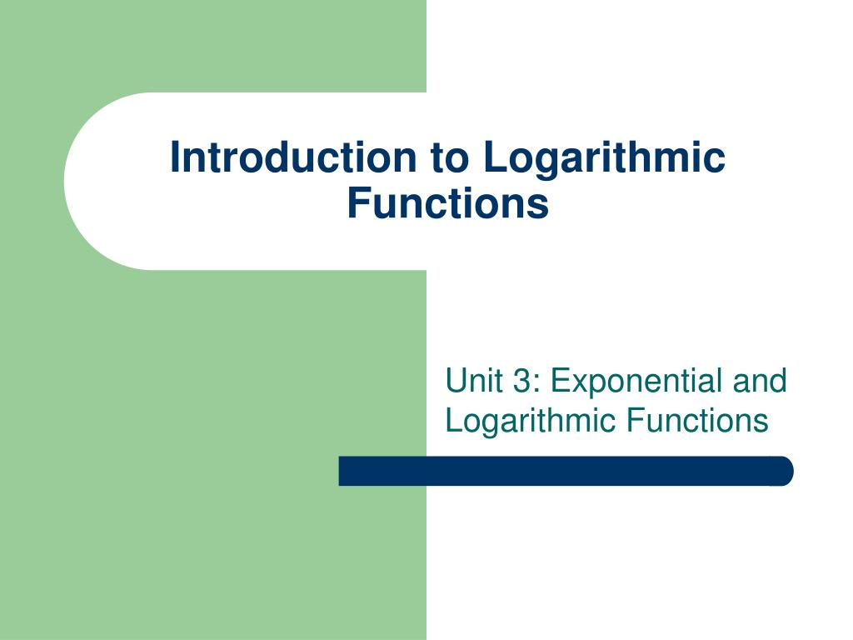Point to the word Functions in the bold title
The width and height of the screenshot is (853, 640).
coord(448,203)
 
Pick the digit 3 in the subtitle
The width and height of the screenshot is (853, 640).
coord(521,381)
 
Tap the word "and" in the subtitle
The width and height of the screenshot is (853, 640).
coord(760,381)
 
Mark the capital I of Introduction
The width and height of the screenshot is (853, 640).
coord(175,158)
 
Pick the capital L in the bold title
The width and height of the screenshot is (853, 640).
coord(492,158)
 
